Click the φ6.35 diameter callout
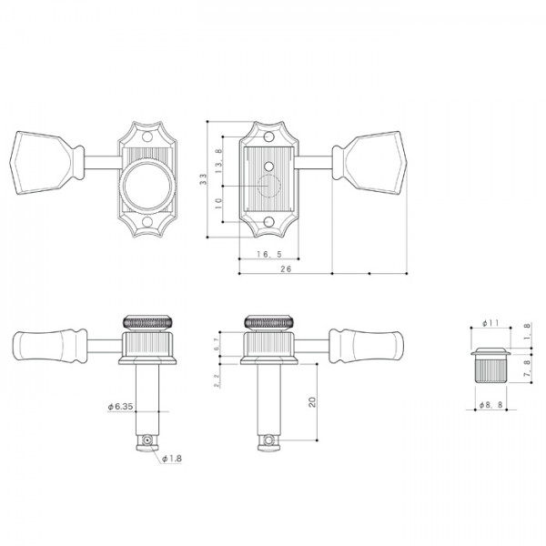pyautogui.click(x=121, y=407)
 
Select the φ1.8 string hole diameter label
pyautogui.click(x=172, y=459)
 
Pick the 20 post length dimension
pyautogui.click(x=311, y=403)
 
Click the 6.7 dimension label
pyautogui.click(x=215, y=344)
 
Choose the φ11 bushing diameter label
pyautogui.click(x=487, y=323)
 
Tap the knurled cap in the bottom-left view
pyautogui.click(x=146, y=322)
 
